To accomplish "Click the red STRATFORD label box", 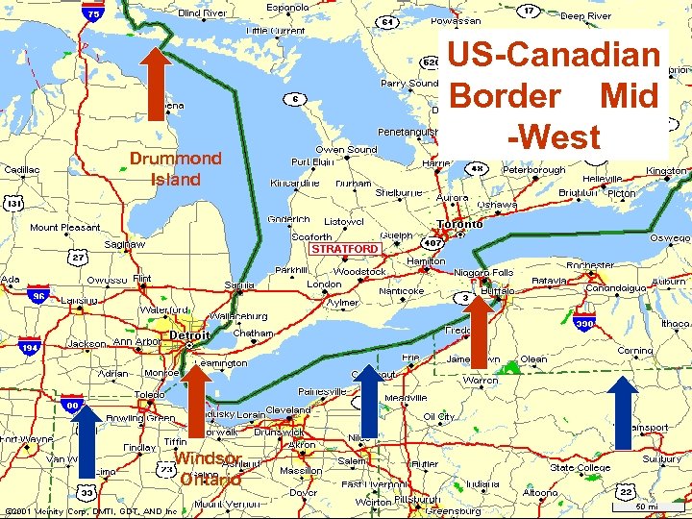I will click(343, 249).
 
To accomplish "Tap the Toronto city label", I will click(459, 224).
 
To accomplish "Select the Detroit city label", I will click(189, 335).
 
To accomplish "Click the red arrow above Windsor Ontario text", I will click(197, 401).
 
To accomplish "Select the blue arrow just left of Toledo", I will click(86, 441).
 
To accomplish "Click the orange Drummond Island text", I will click(175, 168).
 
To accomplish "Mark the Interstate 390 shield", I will click(584, 324).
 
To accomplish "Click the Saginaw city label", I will click(125, 244).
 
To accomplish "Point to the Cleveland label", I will click(288, 408).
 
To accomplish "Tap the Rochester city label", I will click(590, 265).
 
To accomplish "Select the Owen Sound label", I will click(346, 150).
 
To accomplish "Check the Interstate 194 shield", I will click(31, 346).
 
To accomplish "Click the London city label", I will click(324, 284).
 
